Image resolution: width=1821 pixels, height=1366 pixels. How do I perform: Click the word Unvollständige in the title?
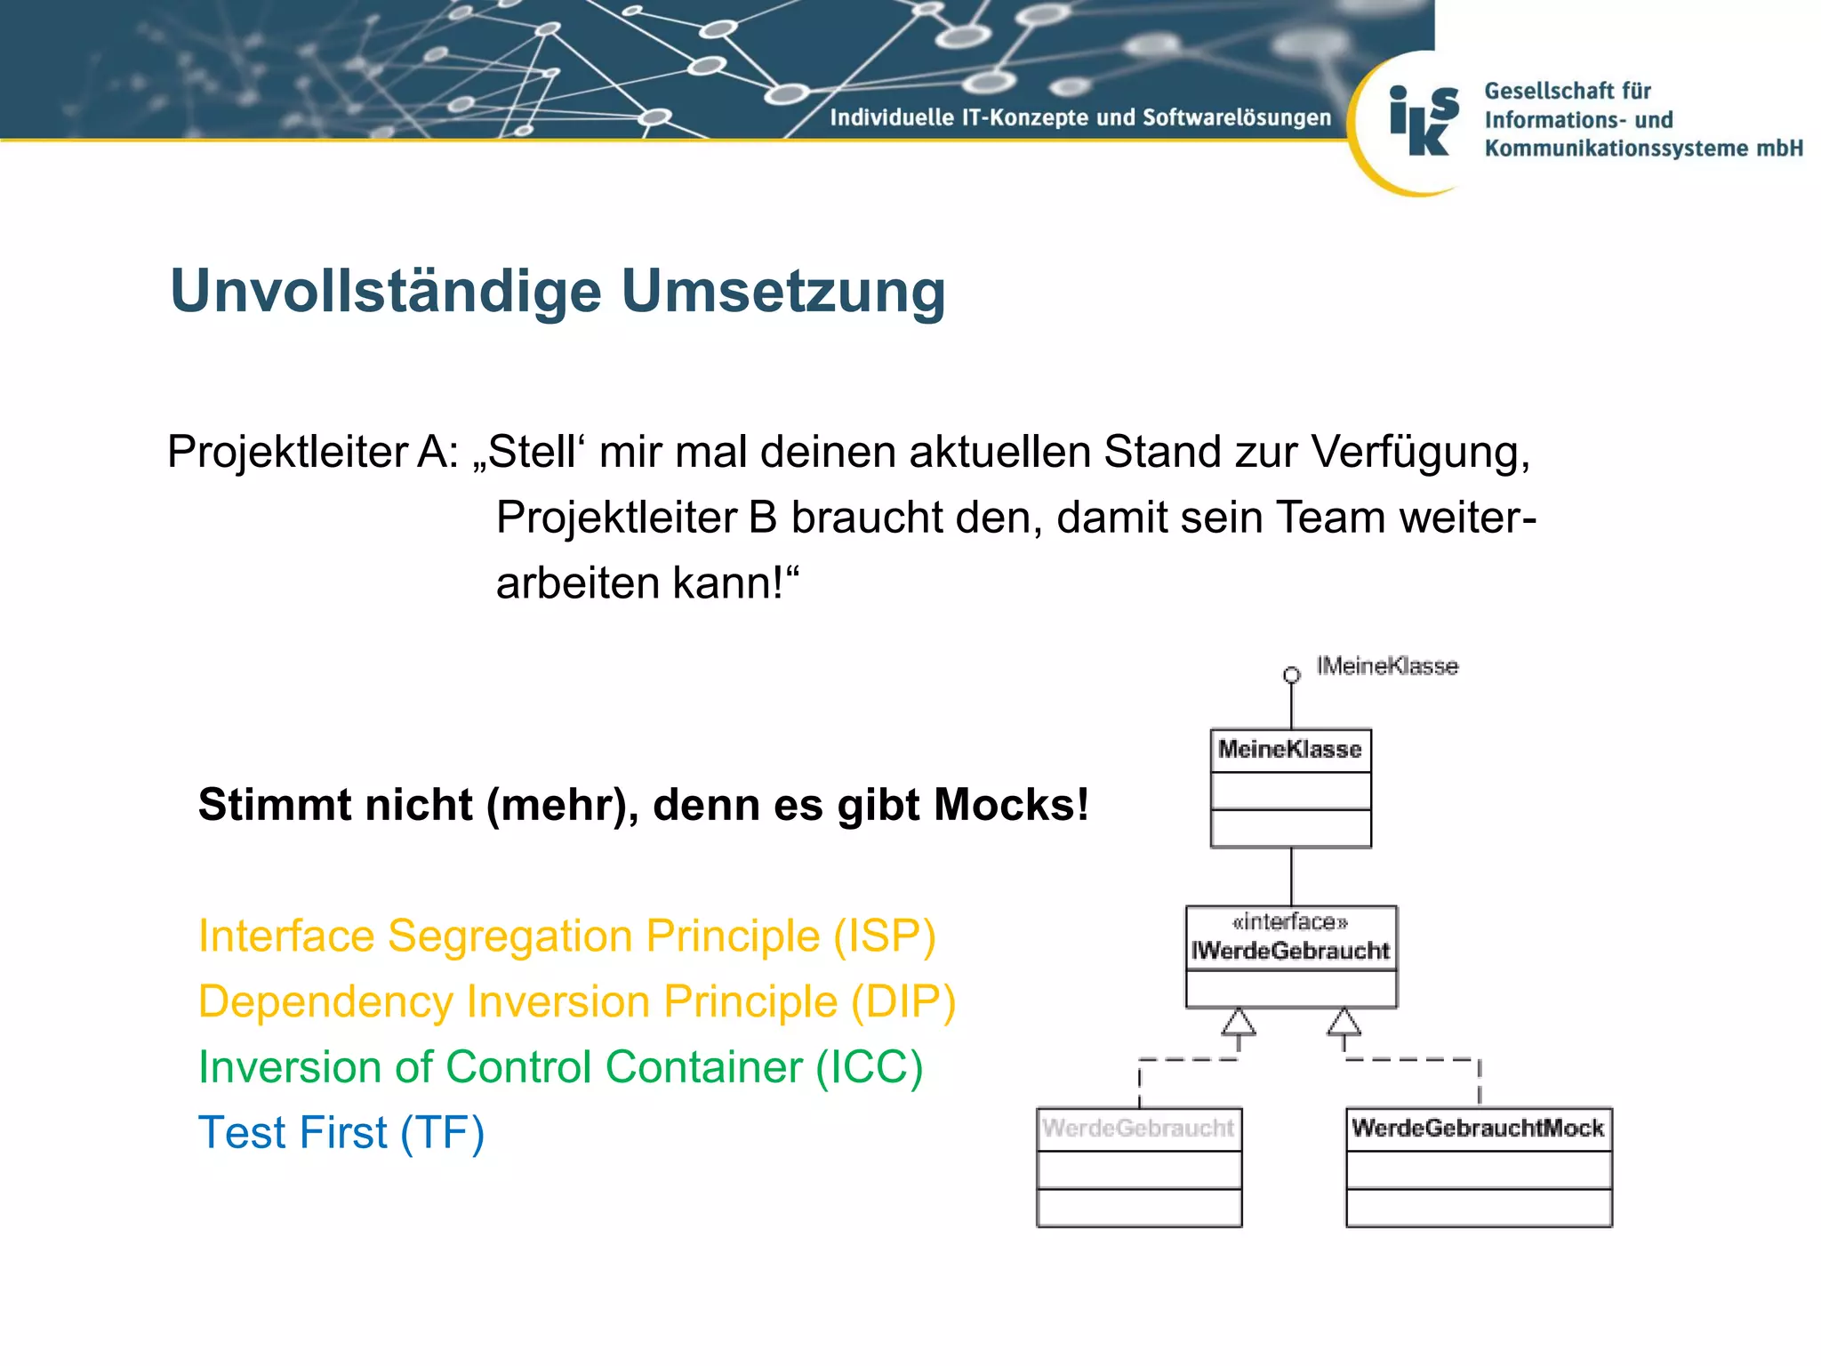coord(385,292)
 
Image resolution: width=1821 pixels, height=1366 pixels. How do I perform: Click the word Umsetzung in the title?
coord(782,292)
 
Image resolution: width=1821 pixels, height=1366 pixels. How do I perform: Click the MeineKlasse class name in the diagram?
coord(1289,750)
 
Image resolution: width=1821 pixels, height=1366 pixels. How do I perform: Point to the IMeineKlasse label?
coord(1387,666)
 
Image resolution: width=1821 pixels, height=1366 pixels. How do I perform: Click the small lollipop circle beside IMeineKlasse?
coord(1291,675)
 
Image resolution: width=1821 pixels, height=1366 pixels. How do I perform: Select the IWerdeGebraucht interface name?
coord(1290,952)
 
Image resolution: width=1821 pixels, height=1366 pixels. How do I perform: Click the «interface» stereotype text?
coord(1290,922)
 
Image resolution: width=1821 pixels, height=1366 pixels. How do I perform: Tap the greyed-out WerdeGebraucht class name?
coord(1138,1129)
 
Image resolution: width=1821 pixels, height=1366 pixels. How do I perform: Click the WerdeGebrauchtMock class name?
coord(1478,1129)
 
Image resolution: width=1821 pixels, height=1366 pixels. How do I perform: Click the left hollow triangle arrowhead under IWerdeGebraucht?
coord(1238,1023)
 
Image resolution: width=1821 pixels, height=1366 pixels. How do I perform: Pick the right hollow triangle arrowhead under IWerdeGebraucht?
coord(1344,1023)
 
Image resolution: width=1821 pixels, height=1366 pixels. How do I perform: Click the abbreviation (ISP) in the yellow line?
coord(884,936)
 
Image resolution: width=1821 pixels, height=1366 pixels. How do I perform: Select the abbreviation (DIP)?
coord(902,1002)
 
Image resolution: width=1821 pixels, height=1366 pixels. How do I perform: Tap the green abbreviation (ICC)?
coord(870,1067)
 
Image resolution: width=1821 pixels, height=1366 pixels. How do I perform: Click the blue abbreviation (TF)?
coord(442,1133)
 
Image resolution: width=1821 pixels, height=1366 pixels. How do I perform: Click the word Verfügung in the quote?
coord(1420,452)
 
